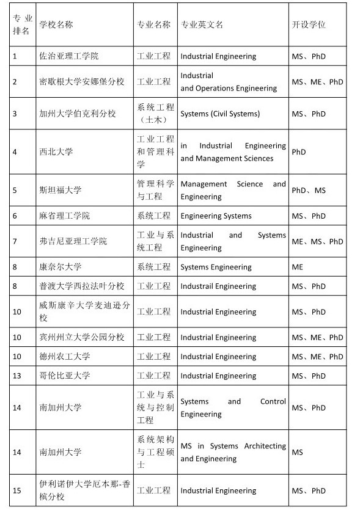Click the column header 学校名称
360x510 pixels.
point(56,24)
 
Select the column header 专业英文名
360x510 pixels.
point(202,24)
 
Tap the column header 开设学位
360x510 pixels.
point(309,24)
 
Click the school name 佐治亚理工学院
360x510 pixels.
point(69,56)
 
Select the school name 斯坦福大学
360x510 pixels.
point(61,190)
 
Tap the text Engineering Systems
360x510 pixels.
point(216,216)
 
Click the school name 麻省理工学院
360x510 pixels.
point(65,216)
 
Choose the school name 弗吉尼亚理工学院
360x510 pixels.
point(73,241)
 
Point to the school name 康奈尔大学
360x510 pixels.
point(61,267)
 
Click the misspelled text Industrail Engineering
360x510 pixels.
point(218,286)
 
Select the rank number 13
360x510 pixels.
point(17,376)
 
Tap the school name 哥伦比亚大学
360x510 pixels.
point(65,376)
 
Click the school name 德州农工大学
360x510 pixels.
point(65,356)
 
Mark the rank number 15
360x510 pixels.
point(17,490)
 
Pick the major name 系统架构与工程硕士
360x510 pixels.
point(155,452)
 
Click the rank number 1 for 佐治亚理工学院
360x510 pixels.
point(15,56)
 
